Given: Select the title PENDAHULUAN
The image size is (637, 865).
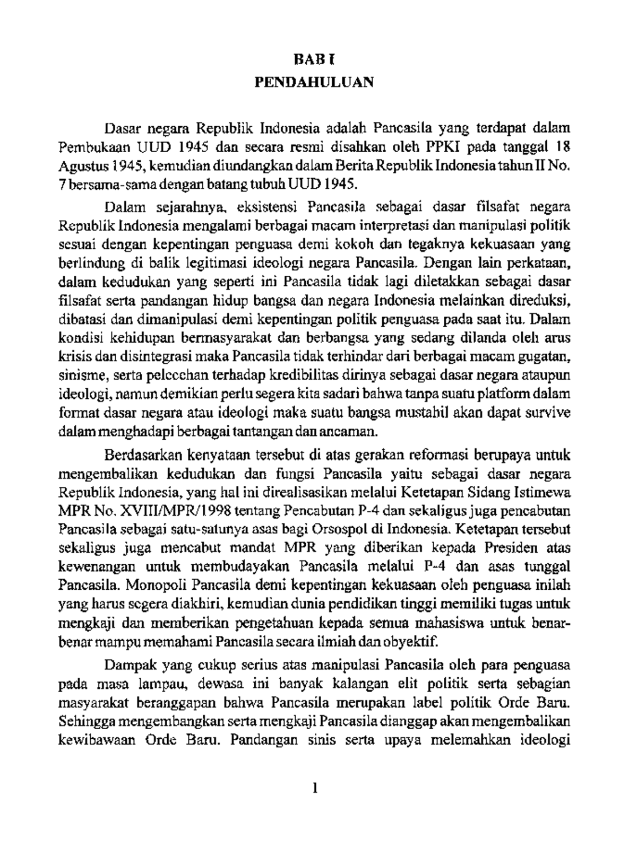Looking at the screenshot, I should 314,82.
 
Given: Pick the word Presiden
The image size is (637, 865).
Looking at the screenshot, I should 512,549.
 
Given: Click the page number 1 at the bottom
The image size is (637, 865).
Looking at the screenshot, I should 315,790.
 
